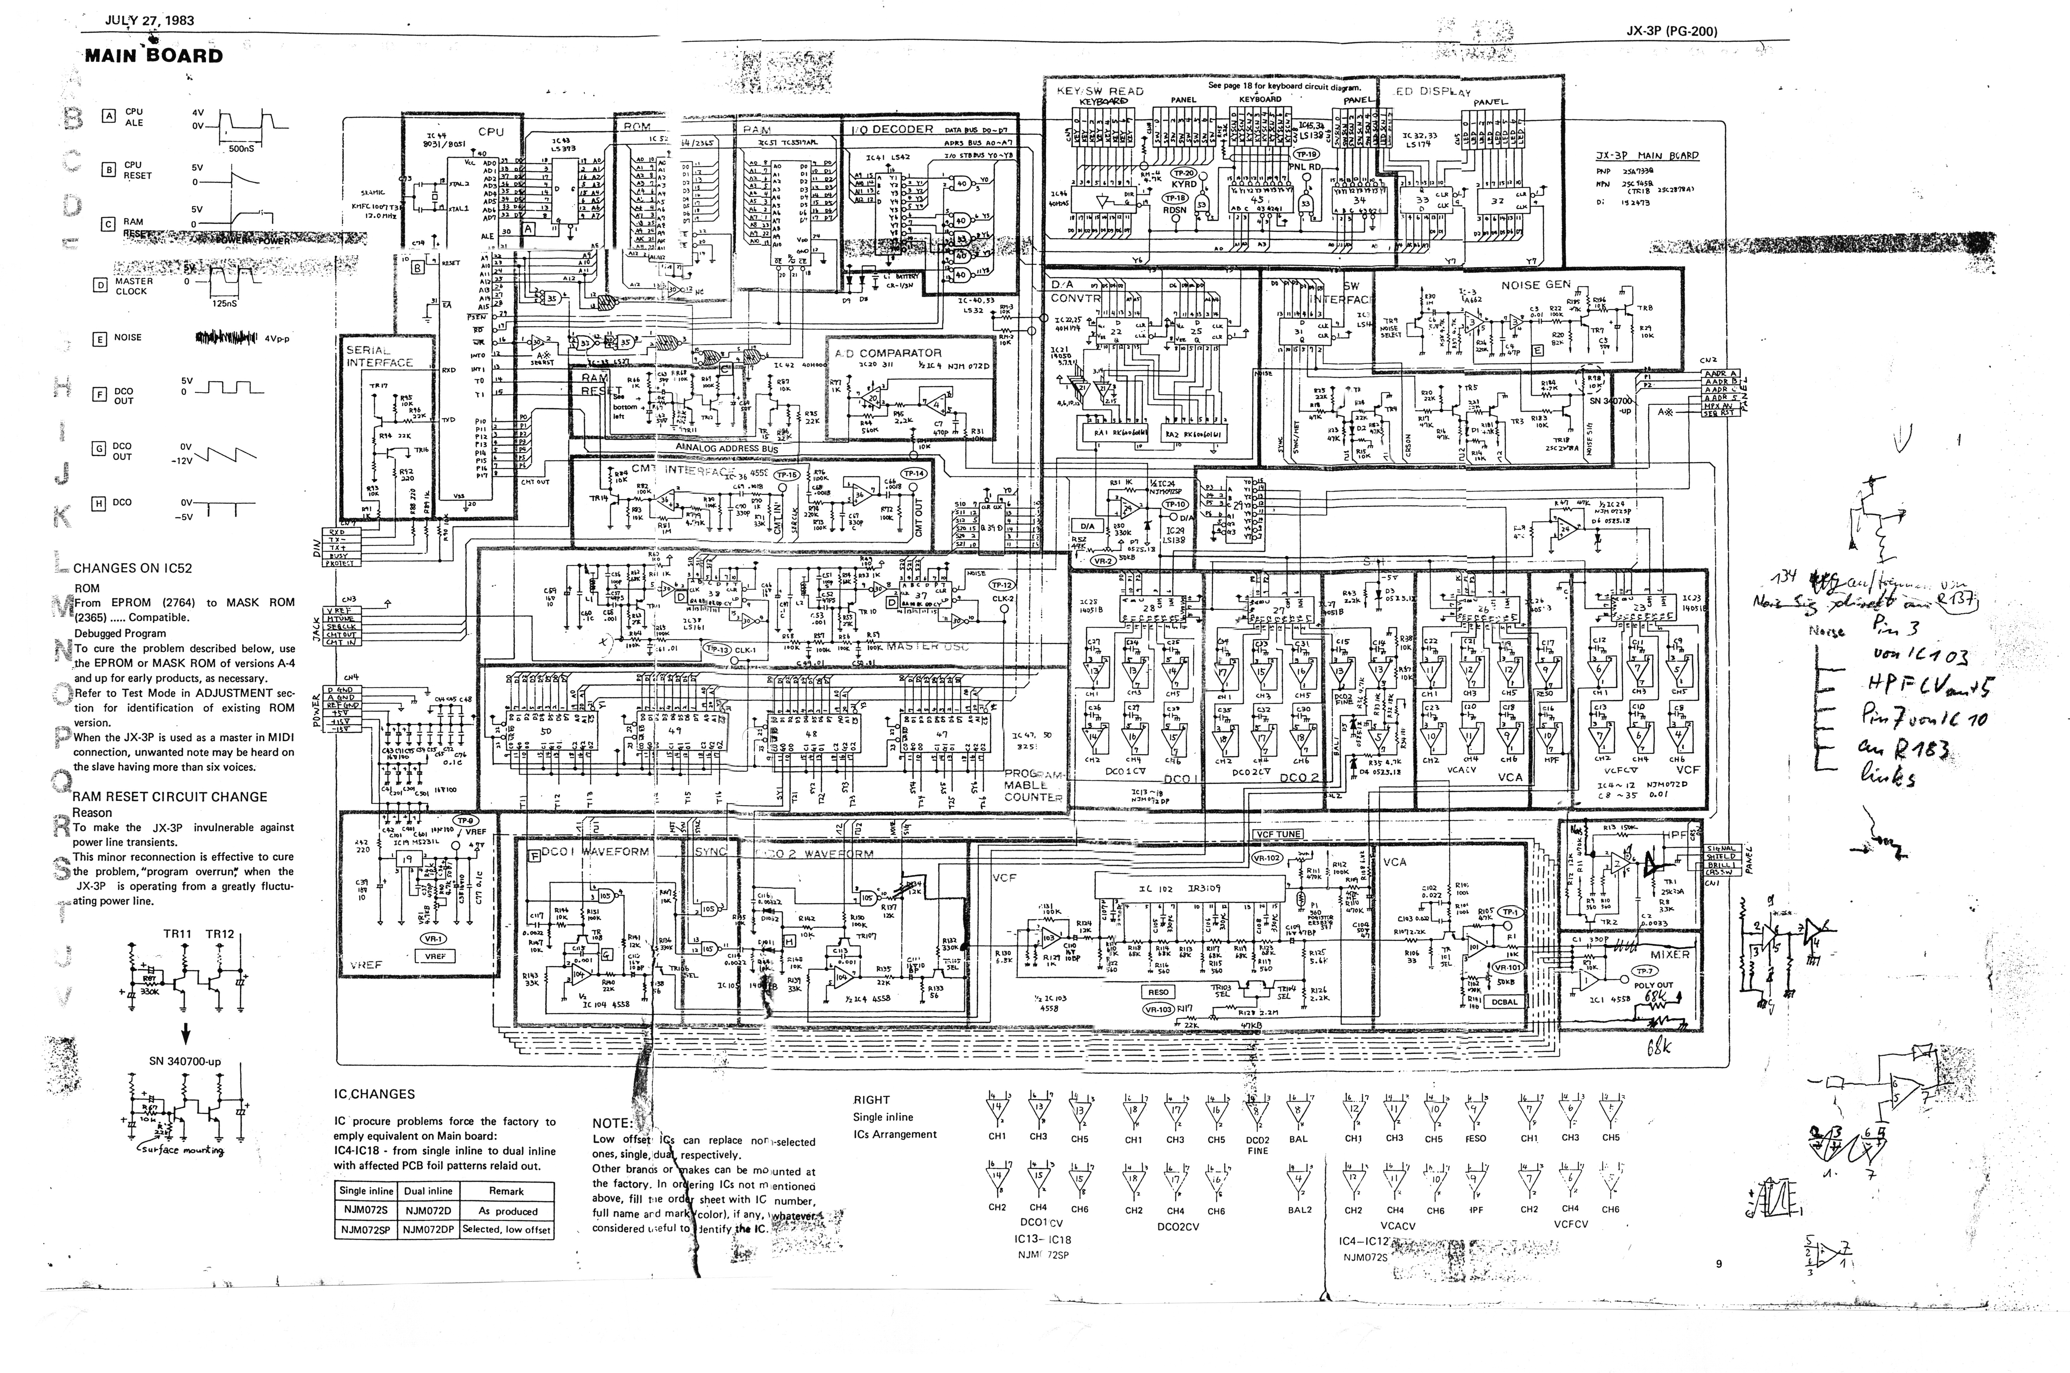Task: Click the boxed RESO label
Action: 1158,992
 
